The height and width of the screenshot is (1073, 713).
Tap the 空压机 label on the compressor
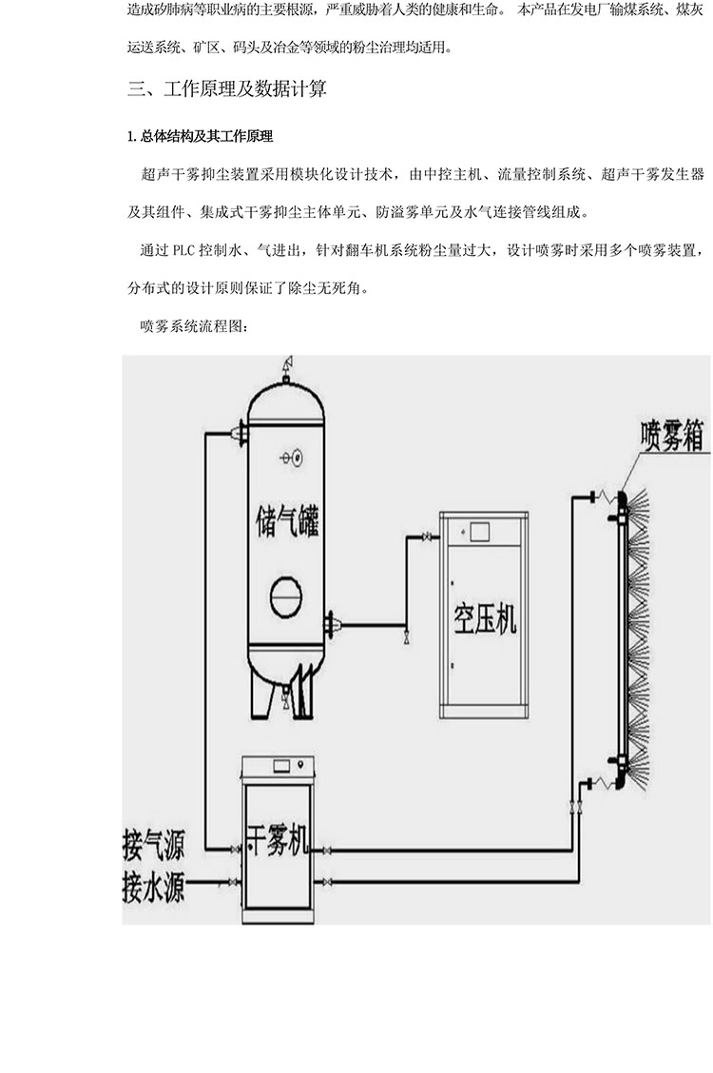[x=482, y=619]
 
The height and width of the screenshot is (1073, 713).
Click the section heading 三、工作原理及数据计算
[x=227, y=89]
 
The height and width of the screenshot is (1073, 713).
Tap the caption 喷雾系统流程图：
[x=194, y=325]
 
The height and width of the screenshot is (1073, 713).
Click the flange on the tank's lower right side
[x=332, y=624]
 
